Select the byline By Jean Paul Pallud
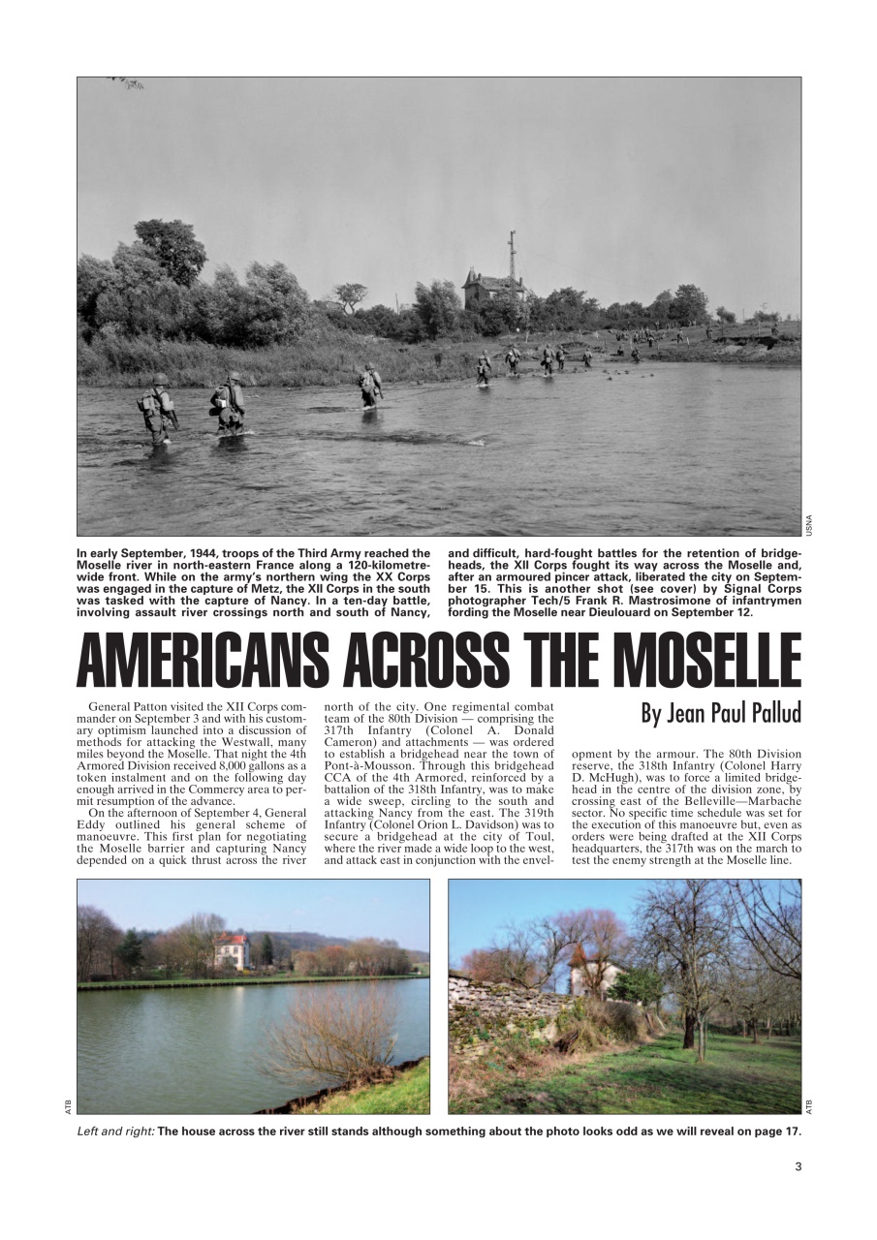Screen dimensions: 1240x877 tap(721, 714)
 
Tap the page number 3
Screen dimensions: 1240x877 tap(798, 1166)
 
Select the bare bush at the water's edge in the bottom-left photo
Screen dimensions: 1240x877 tap(334, 1037)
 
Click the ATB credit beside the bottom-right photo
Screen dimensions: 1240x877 tap(809, 1105)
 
